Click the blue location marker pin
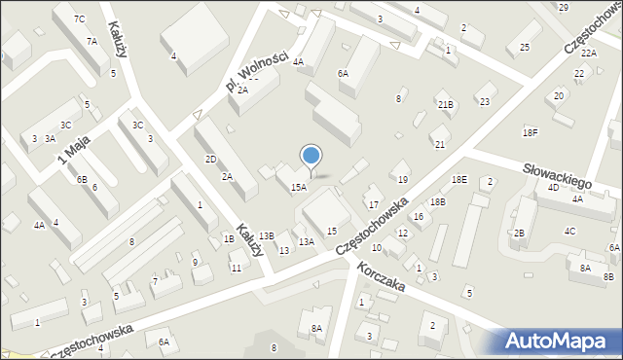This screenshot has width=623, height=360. pos(311,158)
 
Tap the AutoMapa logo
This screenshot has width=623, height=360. pos(560,342)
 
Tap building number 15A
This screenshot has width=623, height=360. pos(299,188)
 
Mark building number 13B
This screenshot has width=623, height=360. pos(267,235)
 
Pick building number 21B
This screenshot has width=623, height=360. pos(446,104)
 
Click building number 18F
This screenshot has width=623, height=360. pos(530,131)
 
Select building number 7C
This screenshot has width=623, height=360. pos(80,19)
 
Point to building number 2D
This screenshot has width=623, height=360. pos(210,159)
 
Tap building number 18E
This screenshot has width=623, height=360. pos(459,180)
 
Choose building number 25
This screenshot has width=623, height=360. pos(525,48)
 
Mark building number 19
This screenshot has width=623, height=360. pos(403,179)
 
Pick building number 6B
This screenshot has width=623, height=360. pos(83,179)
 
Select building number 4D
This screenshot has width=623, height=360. pos(553,187)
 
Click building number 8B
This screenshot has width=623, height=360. pos(608,277)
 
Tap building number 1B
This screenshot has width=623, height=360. pos(229,238)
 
